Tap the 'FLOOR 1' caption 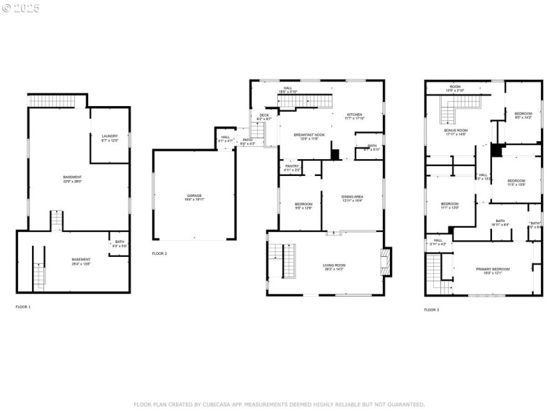coord(23,307)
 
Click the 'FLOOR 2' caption coord(159,253)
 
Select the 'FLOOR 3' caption coord(432,309)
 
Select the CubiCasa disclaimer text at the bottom coord(279,404)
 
